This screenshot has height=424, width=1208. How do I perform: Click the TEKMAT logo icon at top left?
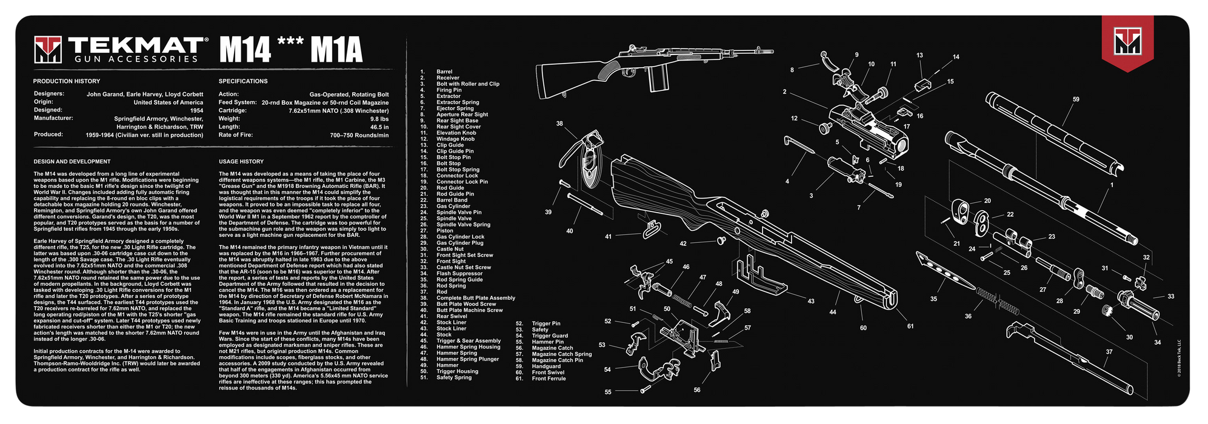pyautogui.click(x=48, y=49)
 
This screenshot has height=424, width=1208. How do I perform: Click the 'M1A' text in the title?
pyautogui.click(x=336, y=50)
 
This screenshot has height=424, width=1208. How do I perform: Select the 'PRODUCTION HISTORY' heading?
pyautogui.click(x=67, y=81)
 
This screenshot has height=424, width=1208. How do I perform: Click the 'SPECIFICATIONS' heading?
pyautogui.click(x=243, y=81)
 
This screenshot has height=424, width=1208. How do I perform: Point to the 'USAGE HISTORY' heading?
pyautogui.click(x=241, y=162)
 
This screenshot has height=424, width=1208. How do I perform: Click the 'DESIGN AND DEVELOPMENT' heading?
pyautogui.click(x=72, y=162)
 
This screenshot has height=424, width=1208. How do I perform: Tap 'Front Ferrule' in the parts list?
pyautogui.click(x=549, y=379)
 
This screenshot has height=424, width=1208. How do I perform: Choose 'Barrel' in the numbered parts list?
pyautogui.click(x=444, y=71)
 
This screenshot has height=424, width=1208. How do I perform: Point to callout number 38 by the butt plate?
pyautogui.click(x=559, y=124)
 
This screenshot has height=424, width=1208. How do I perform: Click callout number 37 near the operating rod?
pyautogui.click(x=1109, y=352)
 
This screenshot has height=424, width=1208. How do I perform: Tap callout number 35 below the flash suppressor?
pyautogui.click(x=933, y=299)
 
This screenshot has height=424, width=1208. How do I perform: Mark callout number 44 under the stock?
pyautogui.click(x=833, y=312)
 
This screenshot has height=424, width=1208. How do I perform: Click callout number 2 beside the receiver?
pyautogui.click(x=784, y=92)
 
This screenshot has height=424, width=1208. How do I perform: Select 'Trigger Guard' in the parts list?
pyautogui.click(x=550, y=336)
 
